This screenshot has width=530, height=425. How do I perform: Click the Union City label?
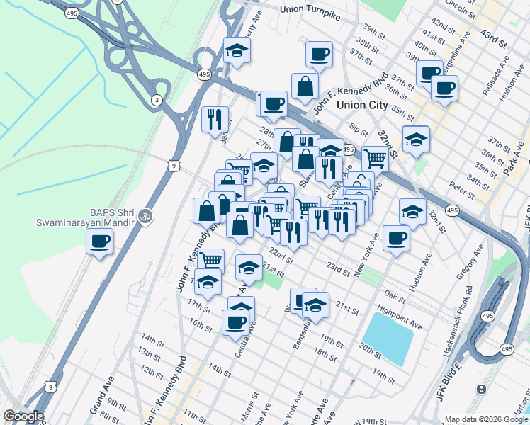(362, 105)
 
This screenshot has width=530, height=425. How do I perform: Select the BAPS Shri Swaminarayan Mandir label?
(85, 216)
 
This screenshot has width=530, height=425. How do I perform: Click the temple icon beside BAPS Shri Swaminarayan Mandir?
(146, 215)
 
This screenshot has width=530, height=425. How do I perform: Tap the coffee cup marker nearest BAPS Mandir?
(99, 242)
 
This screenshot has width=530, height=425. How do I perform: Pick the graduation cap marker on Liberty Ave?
(237, 50)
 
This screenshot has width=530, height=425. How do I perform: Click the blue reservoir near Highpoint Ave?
(388, 338)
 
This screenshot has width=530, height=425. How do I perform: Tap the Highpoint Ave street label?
(400, 317)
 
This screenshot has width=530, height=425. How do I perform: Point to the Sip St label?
(359, 130)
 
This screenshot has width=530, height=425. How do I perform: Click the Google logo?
(23, 416)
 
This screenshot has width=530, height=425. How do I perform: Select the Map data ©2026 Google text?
(486, 419)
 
